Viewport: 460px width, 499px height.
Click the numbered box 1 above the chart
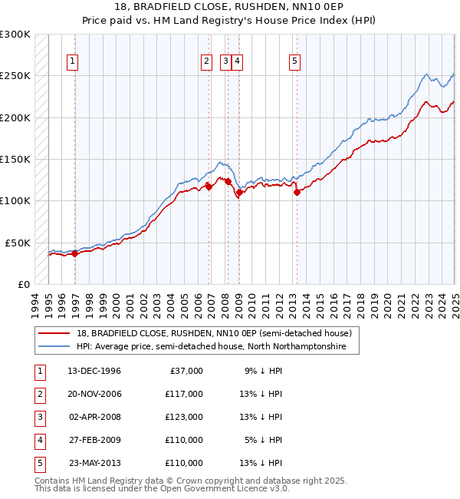pos(72,62)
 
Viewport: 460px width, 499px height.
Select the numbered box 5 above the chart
pos(295,62)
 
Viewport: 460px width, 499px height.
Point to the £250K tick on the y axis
pos(15,76)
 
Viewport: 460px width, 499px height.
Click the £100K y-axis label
pos(15,200)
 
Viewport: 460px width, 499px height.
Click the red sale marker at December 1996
pos(74,254)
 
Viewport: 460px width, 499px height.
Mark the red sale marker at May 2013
pos(297,193)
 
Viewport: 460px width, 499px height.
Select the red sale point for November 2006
pos(209,187)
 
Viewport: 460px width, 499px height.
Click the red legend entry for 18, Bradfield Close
pos(213,333)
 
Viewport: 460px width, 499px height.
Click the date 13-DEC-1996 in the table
pos(94,371)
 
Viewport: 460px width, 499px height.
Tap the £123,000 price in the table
pos(184,417)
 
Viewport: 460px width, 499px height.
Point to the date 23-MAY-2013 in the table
pos(94,463)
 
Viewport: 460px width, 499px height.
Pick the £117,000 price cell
pos(184,394)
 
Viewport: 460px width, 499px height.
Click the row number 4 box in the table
pos(39,440)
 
